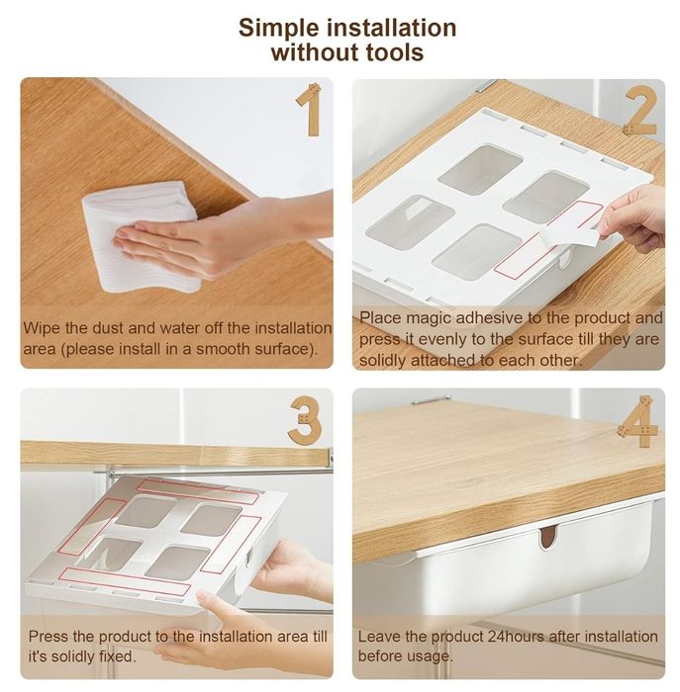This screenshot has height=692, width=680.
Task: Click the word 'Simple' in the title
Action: [279, 29]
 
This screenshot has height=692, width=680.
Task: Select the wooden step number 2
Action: [640, 111]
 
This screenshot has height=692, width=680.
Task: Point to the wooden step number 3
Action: [305, 420]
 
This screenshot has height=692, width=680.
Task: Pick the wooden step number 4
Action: [639, 421]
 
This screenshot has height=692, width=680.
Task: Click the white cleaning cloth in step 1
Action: [142, 236]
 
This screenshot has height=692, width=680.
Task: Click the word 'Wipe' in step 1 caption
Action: [42, 328]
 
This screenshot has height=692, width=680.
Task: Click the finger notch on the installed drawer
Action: [547, 536]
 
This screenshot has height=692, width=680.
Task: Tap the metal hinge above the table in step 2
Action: [487, 85]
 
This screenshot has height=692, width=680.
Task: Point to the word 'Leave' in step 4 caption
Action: [379, 637]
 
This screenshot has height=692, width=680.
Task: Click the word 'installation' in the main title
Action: [392, 29]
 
